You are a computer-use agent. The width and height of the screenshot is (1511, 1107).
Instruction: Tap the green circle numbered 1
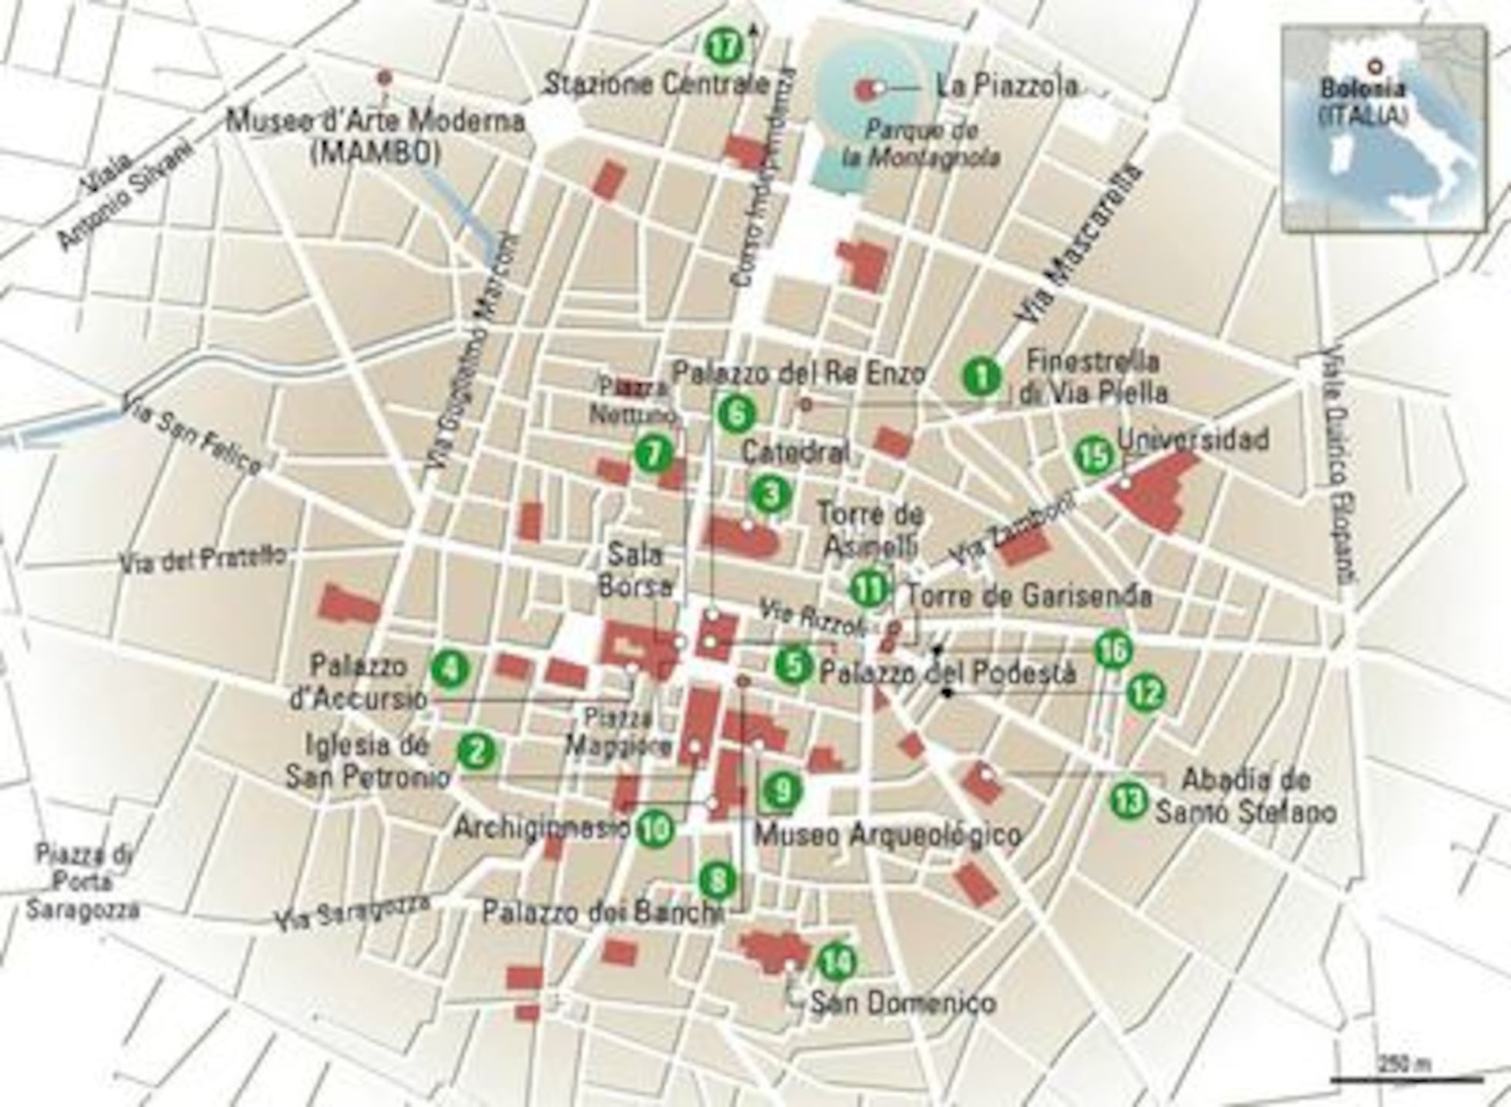click(x=981, y=377)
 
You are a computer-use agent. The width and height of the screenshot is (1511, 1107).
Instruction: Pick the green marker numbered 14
click(x=836, y=961)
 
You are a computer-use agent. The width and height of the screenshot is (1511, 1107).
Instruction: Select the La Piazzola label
click(x=1006, y=86)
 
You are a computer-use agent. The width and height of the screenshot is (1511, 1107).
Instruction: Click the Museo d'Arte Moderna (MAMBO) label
click(x=375, y=136)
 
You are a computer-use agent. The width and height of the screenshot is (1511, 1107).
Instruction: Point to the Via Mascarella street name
click(x=1078, y=245)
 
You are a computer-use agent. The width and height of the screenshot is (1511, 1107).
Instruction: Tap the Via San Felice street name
click(x=193, y=439)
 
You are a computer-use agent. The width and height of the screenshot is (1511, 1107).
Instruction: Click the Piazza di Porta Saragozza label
click(x=83, y=882)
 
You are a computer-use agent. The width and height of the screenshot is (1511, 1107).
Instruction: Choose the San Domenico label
click(x=903, y=1003)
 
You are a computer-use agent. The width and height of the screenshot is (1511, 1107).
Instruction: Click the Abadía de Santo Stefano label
click(x=1245, y=796)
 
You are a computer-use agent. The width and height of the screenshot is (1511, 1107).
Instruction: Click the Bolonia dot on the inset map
click(x=1372, y=67)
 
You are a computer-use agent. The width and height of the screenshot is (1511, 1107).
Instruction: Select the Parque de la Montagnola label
click(x=920, y=143)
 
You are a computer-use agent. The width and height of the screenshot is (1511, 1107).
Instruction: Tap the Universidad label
click(x=1193, y=439)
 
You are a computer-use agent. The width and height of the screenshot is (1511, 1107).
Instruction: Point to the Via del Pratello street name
click(x=203, y=559)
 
